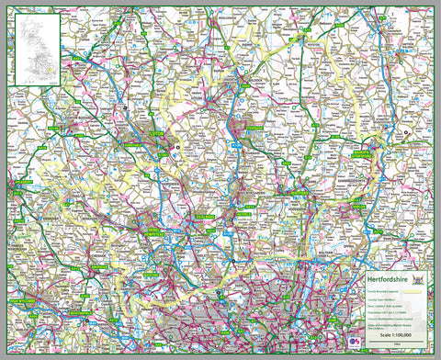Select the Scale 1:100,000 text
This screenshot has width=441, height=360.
[390, 336]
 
